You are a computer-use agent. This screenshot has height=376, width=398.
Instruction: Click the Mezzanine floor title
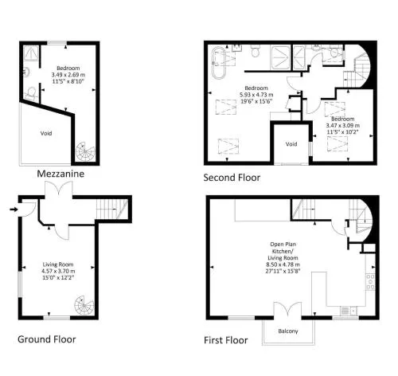click(60, 174)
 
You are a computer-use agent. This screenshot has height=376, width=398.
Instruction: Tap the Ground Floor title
click(47, 339)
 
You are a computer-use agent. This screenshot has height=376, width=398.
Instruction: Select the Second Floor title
click(232, 178)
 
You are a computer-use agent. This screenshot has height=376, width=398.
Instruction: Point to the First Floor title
click(226, 340)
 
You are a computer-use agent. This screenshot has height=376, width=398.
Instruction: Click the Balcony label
click(288, 331)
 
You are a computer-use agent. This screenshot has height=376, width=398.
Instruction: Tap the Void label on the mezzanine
click(46, 133)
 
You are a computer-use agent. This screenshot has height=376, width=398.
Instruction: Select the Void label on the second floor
click(291, 144)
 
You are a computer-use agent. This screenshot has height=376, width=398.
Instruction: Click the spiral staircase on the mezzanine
click(85, 151)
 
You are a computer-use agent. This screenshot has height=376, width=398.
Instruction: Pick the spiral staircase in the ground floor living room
click(84, 305)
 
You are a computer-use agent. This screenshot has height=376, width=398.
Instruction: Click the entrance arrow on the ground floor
click(14, 210)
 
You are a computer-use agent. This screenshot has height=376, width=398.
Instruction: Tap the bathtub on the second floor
click(219, 63)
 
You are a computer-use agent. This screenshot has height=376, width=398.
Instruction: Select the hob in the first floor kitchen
click(371, 282)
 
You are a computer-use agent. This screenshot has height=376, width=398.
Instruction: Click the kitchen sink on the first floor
click(349, 311)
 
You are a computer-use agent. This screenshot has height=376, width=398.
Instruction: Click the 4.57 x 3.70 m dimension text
click(58, 271)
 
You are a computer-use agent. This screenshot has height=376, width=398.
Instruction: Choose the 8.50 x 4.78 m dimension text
click(283, 264)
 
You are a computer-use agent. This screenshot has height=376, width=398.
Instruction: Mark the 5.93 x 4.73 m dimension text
click(256, 95)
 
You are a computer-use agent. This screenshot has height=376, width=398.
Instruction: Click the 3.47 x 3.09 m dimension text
click(343, 125)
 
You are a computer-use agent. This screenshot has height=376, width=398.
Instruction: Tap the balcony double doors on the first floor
click(287, 309)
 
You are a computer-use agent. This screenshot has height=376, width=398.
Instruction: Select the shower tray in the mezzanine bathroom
click(31, 53)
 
